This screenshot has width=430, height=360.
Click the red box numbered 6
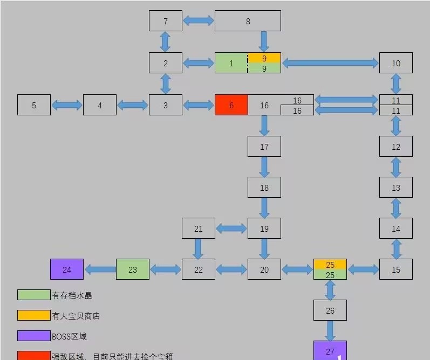tap(231, 105)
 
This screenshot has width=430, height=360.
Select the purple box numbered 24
tap(67, 269)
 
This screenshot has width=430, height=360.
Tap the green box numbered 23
tap(133, 269)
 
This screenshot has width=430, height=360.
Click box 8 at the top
tap(248, 21)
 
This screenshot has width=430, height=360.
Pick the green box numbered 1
tap(231, 63)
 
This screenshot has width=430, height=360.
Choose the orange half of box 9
tap(264, 58)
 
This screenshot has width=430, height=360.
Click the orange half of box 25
tap(330, 264)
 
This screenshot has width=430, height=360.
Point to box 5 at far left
tap(34, 105)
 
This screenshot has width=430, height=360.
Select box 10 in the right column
tap(396, 63)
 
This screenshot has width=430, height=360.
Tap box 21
tap(199, 229)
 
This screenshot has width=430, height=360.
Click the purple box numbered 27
tap(330, 350)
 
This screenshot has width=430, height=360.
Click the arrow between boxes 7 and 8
tap(199, 20)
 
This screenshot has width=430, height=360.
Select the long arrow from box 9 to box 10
tap(330, 63)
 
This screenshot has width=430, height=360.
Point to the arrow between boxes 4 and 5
tap(67, 105)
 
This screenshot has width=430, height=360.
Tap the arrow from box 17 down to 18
tap(264, 167)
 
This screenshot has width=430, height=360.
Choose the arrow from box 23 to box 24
tap(100, 269)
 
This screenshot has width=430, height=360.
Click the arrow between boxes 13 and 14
tap(396, 208)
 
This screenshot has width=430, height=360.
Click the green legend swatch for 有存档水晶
tap(34, 295)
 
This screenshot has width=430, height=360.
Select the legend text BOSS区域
tap(69, 336)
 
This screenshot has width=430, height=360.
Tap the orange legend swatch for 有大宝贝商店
tap(34, 315)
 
